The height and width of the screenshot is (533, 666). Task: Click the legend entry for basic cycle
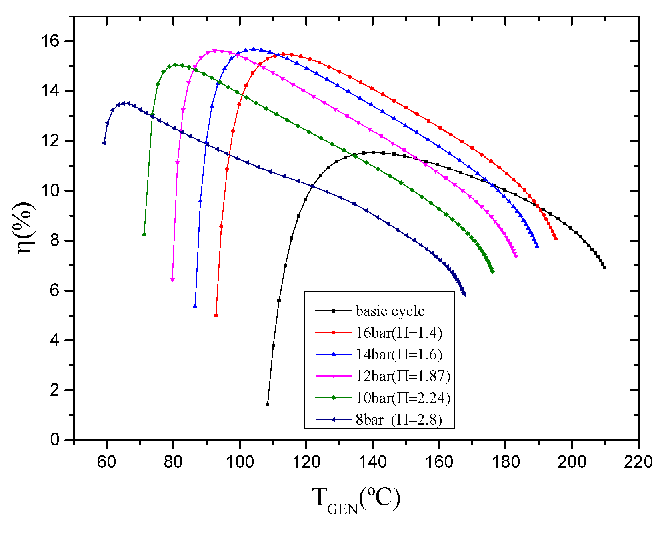tap(390, 311)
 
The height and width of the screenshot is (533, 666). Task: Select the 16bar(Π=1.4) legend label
tap(399, 333)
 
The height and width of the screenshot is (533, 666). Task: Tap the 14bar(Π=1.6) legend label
tap(399, 355)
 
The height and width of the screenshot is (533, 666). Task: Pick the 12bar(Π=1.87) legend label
tap(403, 376)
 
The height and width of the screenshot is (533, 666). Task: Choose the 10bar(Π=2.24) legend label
tap(403, 398)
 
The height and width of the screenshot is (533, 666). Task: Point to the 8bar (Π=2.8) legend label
tap(399, 420)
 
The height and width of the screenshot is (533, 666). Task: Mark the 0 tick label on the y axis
tap(55, 440)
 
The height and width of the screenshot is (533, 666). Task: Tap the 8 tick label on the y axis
tap(55, 240)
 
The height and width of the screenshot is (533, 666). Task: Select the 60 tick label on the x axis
tap(106, 462)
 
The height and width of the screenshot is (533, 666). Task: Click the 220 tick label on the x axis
tap(638, 462)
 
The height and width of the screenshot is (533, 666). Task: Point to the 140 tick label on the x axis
tap(372, 462)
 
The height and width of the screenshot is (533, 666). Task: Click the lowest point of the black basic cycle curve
tap(268, 404)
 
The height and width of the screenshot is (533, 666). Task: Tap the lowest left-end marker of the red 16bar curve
tap(216, 316)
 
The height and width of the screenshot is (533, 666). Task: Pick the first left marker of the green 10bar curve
tap(144, 234)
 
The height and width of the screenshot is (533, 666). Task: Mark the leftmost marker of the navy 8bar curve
tap(104, 143)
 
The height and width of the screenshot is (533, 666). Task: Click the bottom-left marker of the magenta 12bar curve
tap(172, 280)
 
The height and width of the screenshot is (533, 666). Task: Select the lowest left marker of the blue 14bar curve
tap(195, 306)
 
